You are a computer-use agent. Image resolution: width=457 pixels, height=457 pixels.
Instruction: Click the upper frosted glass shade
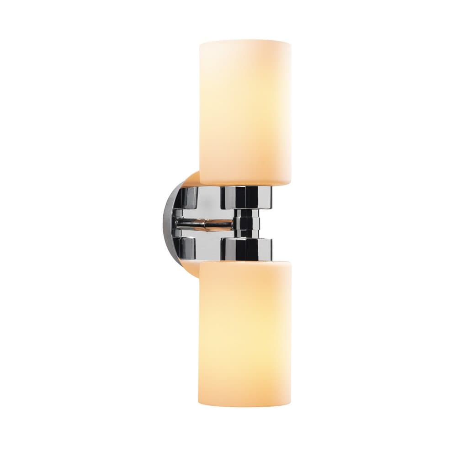click(245, 112)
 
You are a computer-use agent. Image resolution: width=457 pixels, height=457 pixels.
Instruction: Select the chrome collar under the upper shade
click(246, 197)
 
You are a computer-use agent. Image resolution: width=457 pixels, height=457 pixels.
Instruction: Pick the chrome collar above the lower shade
click(246, 249)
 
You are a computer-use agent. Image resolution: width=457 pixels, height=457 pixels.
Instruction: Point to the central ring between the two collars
click(247, 223)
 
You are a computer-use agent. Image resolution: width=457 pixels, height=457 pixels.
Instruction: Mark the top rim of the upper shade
click(245, 42)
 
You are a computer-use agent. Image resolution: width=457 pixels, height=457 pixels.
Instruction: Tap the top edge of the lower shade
click(245, 262)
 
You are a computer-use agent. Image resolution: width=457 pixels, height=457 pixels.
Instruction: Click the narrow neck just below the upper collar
click(247, 212)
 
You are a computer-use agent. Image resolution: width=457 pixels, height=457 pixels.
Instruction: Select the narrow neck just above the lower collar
click(247, 234)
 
